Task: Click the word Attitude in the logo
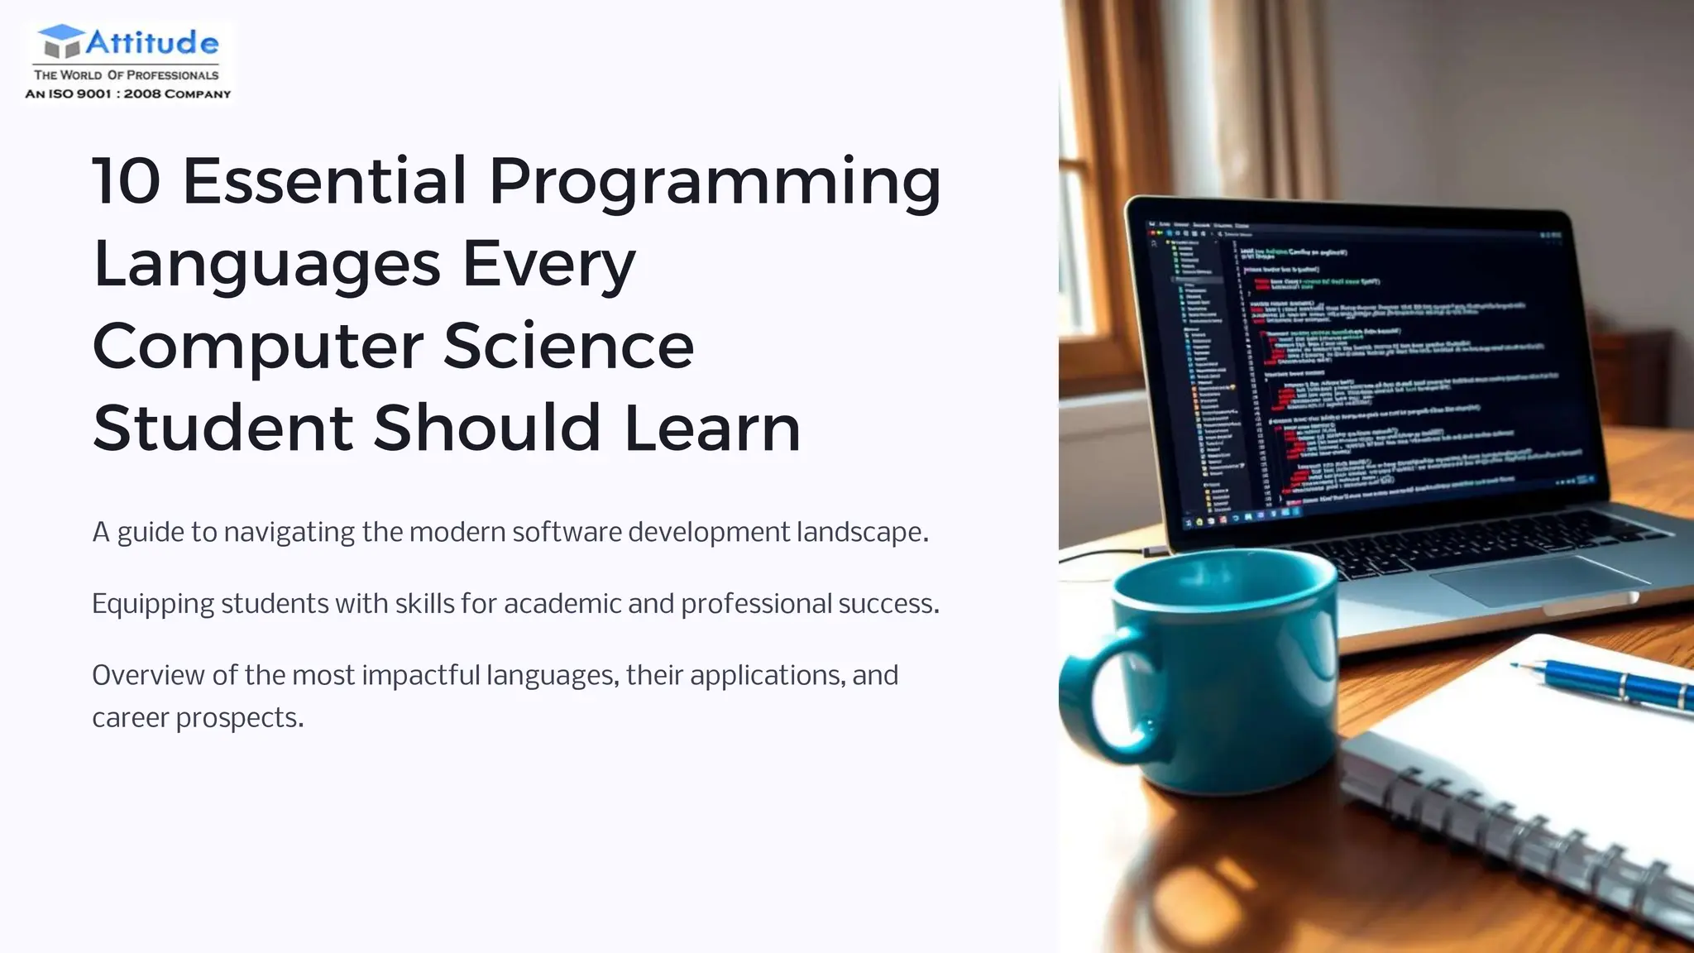pyautogui.click(x=152, y=43)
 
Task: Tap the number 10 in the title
pyautogui.click(x=126, y=181)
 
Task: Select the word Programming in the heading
pyautogui.click(x=715, y=184)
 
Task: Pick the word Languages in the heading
pyautogui.click(x=266, y=265)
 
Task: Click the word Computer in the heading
pyautogui.click(x=257, y=347)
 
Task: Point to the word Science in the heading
pyautogui.click(x=568, y=346)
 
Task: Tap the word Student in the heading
pyautogui.click(x=223, y=429)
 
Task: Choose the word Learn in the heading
pyautogui.click(x=712, y=429)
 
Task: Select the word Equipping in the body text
pyautogui.click(x=153, y=605)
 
